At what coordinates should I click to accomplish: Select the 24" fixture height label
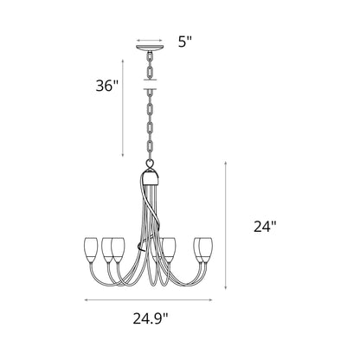tap(264, 226)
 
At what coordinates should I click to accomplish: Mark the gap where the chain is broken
tap(151, 84)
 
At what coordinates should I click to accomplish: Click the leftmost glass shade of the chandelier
tap(93, 246)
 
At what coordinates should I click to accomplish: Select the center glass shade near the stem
tap(170, 247)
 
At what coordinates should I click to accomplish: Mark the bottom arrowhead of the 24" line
tap(227, 289)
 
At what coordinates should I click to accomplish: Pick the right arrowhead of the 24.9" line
tap(215, 300)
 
